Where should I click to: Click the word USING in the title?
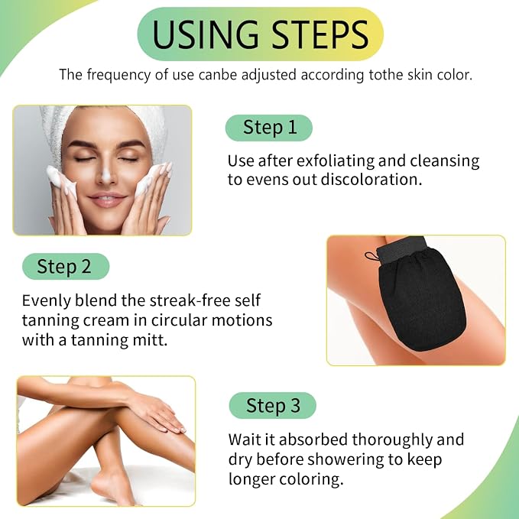205,34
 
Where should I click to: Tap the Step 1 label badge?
269,128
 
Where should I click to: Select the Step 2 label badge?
66,267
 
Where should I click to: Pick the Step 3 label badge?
272,405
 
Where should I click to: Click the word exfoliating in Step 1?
335,161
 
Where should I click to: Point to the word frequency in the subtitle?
118,75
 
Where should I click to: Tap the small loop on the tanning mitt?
371,256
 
